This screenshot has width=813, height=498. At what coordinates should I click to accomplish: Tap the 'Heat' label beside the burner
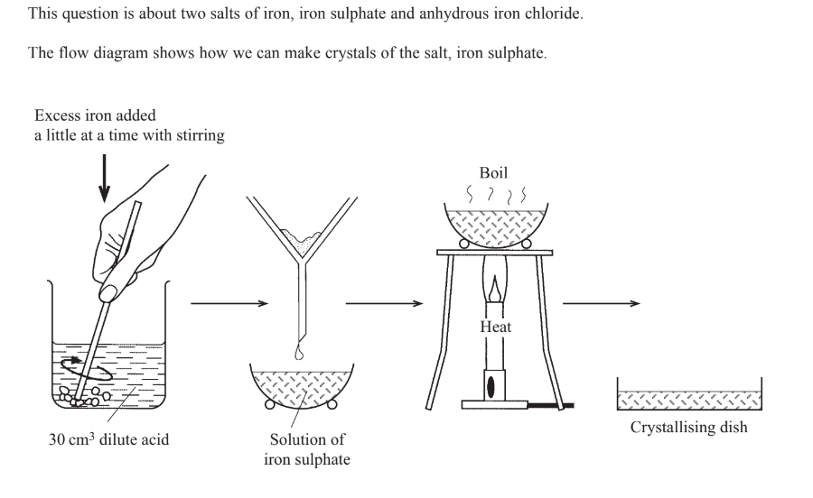(x=495, y=327)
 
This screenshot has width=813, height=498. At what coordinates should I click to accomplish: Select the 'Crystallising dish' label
(x=688, y=427)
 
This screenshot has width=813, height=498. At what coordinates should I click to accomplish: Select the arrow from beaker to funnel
(x=230, y=304)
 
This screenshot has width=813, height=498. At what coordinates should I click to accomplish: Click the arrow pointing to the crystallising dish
(x=602, y=304)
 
